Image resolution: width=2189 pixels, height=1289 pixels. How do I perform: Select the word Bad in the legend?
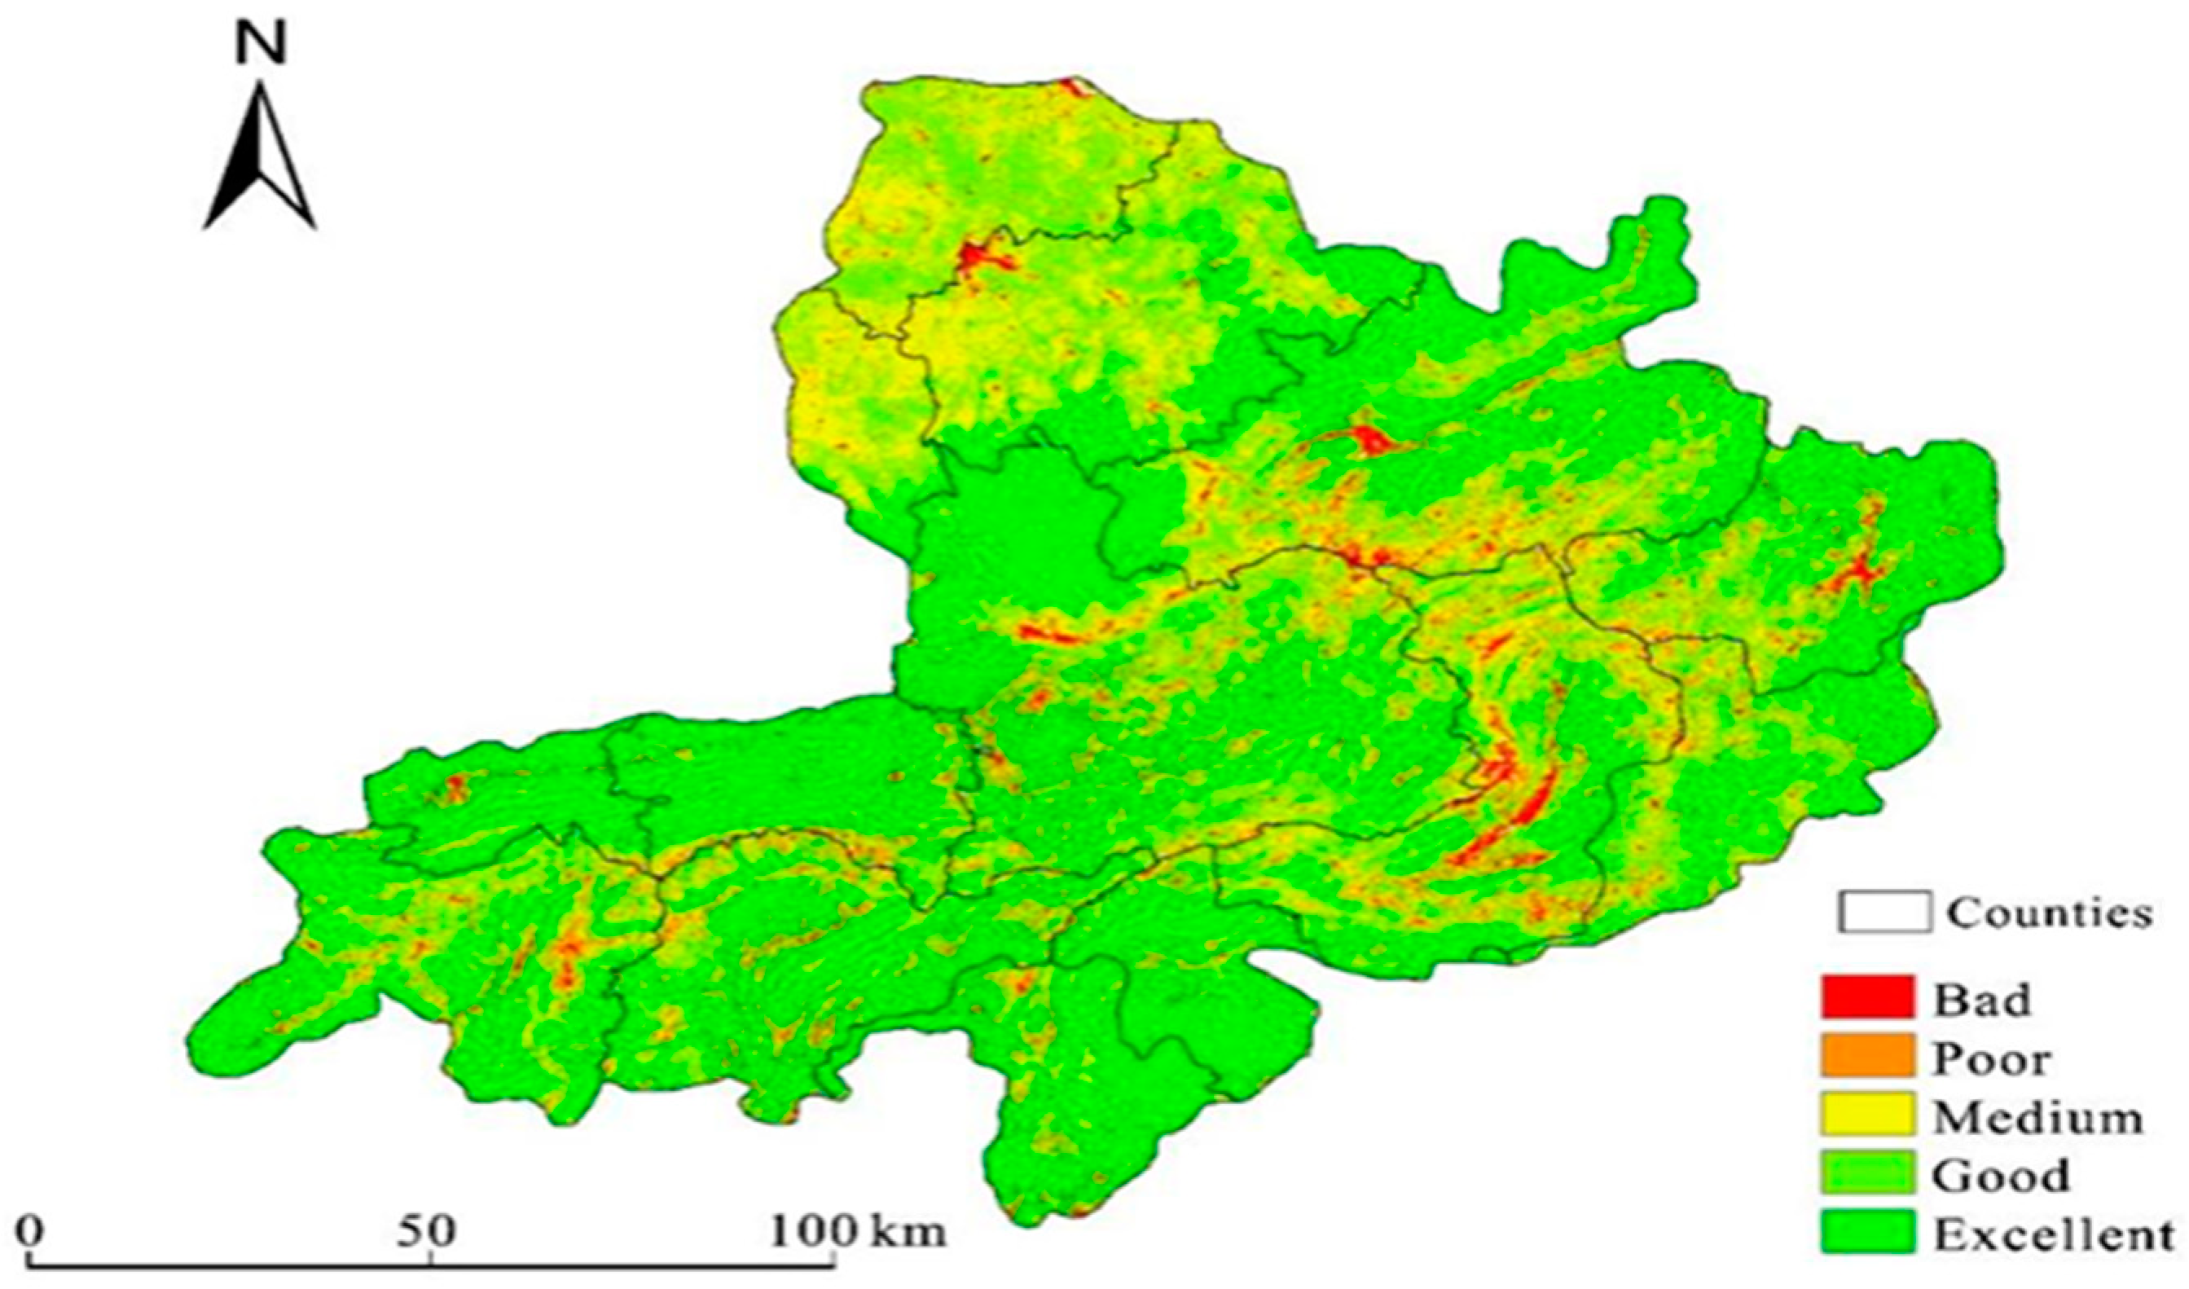(1980, 998)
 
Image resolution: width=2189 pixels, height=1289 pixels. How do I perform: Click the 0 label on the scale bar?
(32, 1231)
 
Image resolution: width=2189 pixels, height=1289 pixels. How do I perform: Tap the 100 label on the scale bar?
(814, 1231)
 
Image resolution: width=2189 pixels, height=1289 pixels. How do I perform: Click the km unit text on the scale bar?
(908, 1231)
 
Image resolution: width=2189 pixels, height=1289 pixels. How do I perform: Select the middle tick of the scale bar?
(431, 1260)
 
